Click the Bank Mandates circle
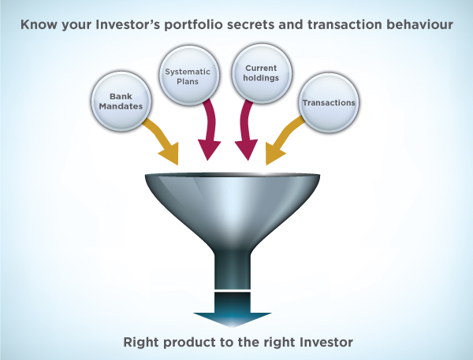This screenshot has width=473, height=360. (121, 102)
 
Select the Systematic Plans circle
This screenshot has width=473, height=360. (189, 76)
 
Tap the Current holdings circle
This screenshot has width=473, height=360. (262, 74)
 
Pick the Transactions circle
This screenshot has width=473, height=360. (329, 103)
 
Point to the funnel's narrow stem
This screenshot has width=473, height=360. (233, 271)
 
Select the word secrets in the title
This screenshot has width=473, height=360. (251, 24)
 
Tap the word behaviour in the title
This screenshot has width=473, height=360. (419, 24)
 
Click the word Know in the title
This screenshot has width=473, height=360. (39, 24)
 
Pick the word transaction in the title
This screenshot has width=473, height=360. (345, 24)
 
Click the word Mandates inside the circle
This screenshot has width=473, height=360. (121, 106)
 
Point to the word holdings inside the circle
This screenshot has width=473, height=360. (261, 78)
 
